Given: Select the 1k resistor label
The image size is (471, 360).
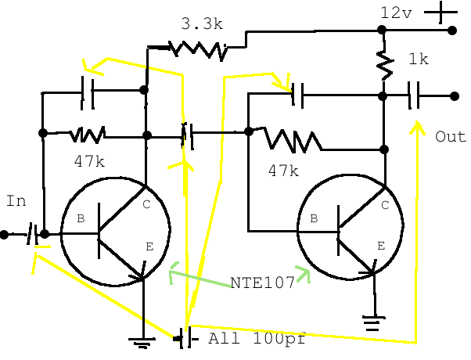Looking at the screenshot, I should pos(419,59).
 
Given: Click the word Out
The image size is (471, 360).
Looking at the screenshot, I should pos(451,136).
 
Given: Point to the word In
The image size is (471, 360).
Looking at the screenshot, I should pos(16,201).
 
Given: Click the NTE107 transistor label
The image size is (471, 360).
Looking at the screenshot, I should pos(262,283).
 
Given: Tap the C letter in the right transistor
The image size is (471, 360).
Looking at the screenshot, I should pos(385,206).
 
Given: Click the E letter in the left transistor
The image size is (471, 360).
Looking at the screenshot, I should pos(149,247).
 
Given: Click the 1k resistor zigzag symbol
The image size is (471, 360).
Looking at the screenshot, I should pos(383,64).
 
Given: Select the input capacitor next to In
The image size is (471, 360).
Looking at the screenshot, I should pos(32,233).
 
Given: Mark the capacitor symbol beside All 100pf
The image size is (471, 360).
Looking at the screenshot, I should pos(185,338).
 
